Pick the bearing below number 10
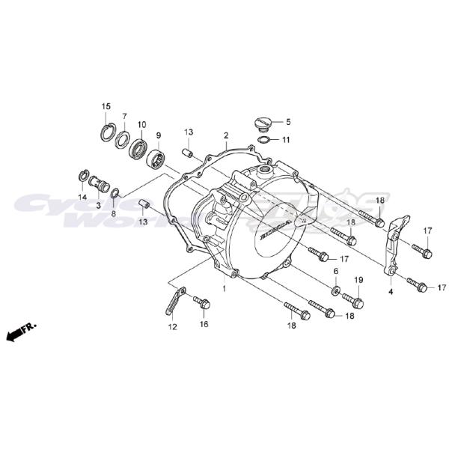(139, 147)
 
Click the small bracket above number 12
(172, 303)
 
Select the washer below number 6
(336, 290)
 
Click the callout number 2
(204, 135)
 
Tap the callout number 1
(223, 288)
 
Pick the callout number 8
(114, 213)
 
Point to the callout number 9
(159, 135)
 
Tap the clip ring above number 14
(84, 177)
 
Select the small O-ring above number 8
(115, 194)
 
